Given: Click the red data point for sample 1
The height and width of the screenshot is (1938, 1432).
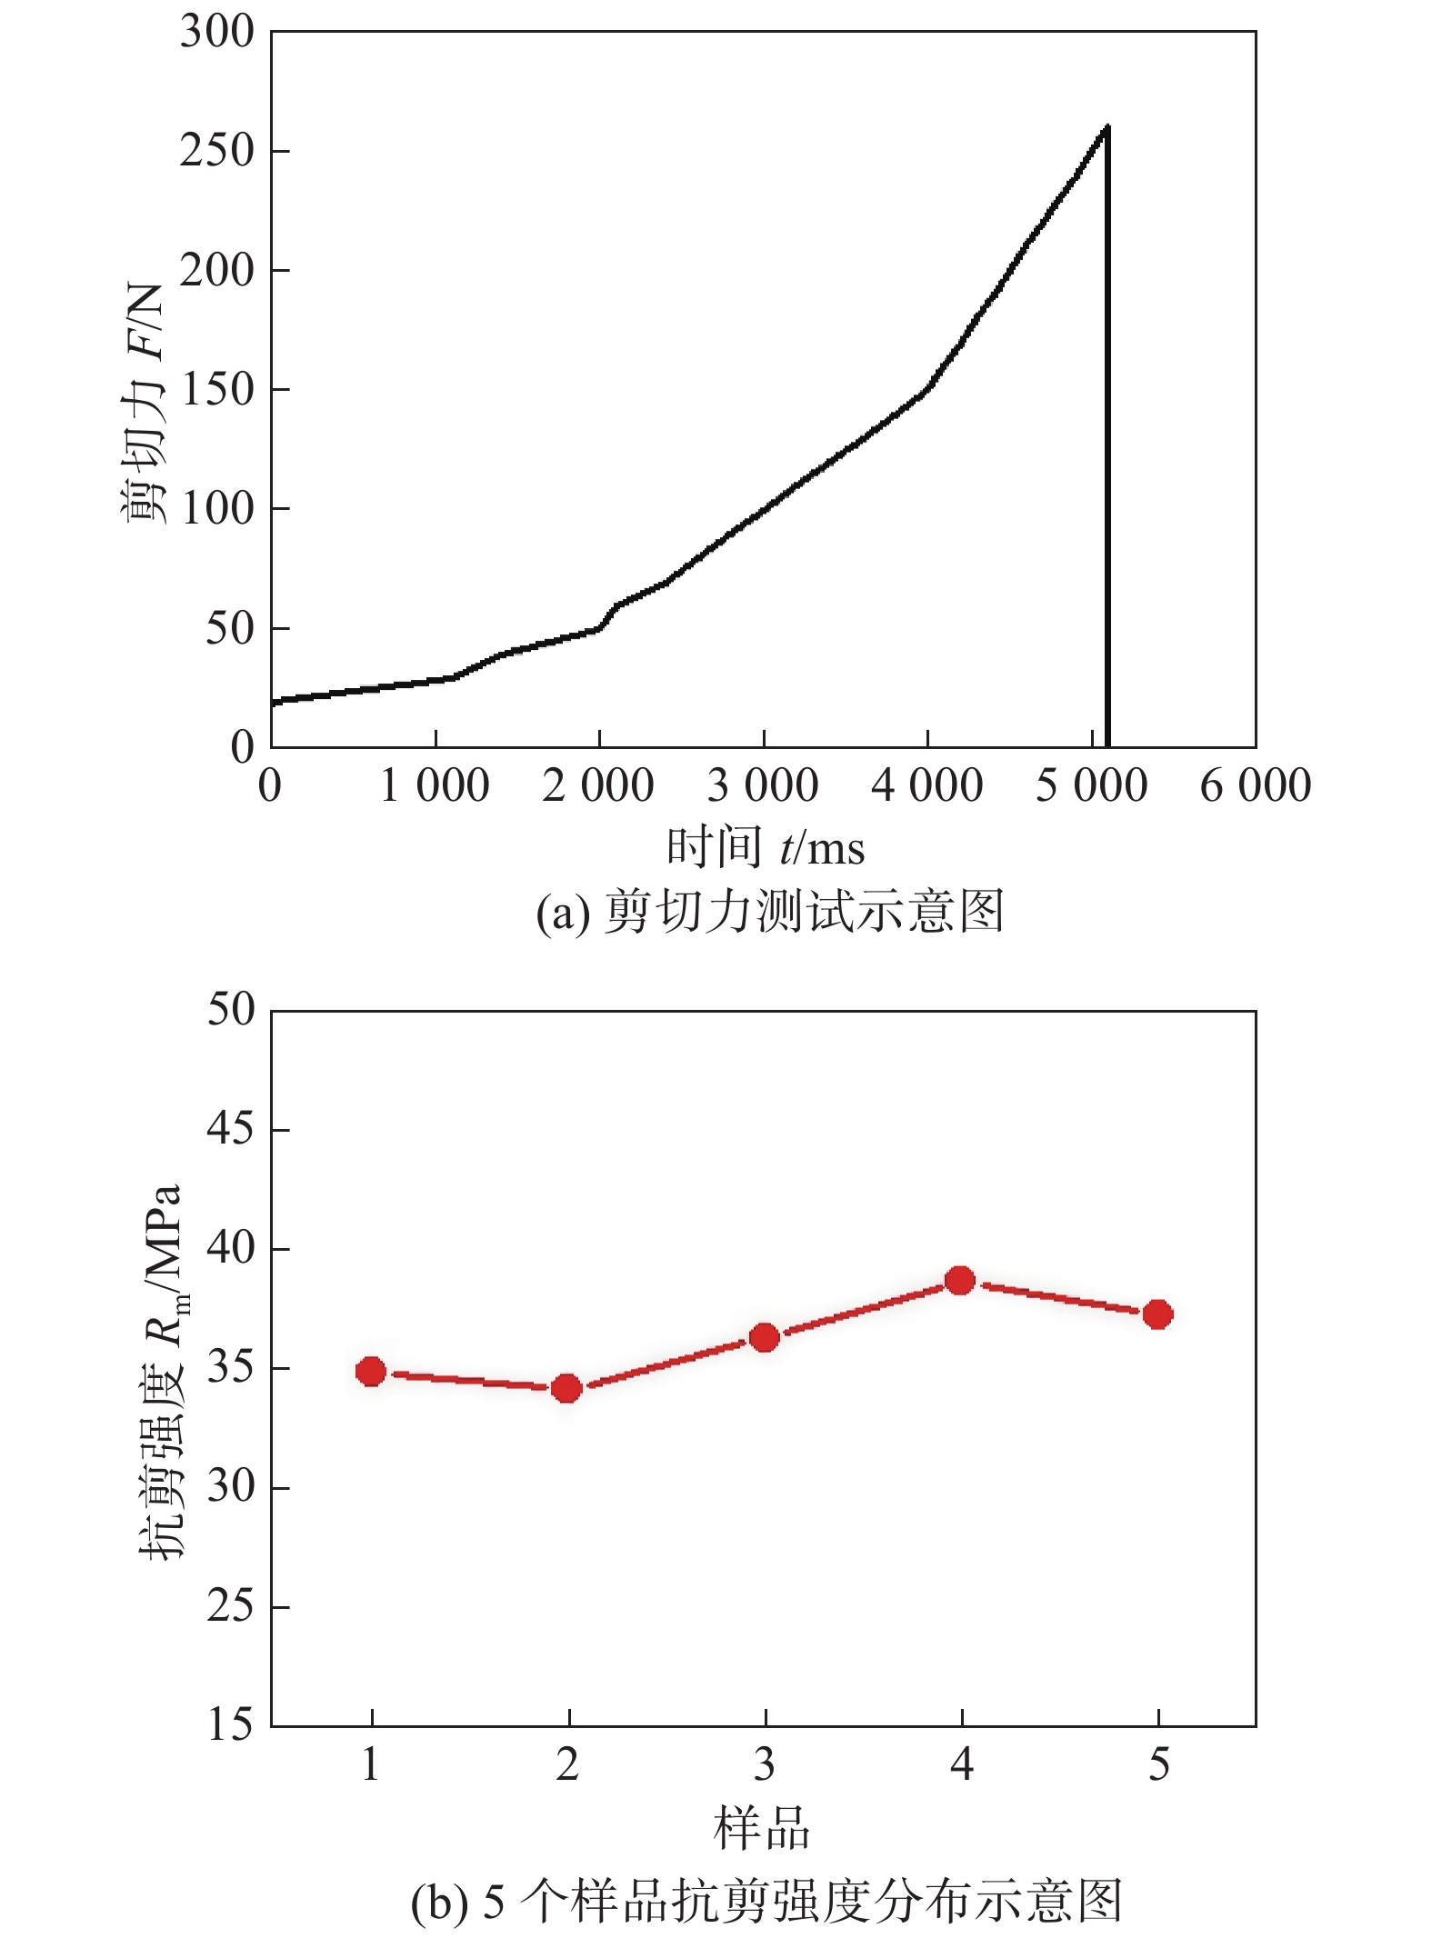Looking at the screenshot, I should click(x=371, y=1372).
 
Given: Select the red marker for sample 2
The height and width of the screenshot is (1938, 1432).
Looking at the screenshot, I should click(x=567, y=1388).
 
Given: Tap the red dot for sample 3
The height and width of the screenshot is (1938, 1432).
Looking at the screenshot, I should click(x=765, y=1337).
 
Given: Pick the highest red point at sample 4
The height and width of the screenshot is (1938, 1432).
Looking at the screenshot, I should click(x=960, y=1281).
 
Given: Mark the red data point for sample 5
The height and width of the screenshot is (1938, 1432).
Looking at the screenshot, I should click(x=1157, y=1314).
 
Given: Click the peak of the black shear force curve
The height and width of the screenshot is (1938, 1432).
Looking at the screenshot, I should click(x=1107, y=128).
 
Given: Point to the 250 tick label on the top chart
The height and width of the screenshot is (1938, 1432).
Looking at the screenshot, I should click(x=216, y=151).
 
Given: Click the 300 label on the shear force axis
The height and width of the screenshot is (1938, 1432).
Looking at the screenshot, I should click(x=216, y=33).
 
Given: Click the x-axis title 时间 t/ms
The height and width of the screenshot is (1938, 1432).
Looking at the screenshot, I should click(x=765, y=848).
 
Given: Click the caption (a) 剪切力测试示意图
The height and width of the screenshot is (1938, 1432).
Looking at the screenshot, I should click(x=769, y=912).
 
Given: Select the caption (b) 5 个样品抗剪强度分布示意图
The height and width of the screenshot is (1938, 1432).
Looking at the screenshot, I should click(x=766, y=1901).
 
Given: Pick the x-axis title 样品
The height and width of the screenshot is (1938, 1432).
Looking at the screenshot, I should click(x=762, y=1829).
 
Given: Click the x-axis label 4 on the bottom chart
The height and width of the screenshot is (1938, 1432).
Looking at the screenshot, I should click(x=962, y=1765).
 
